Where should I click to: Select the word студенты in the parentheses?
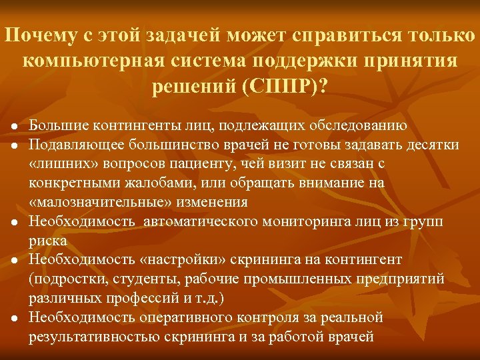129,279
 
